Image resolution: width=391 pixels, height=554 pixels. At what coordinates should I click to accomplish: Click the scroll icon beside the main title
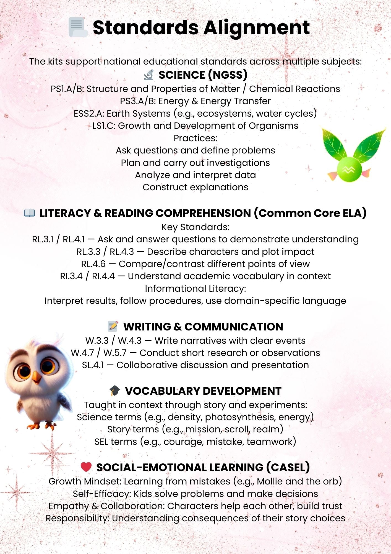pos(77,27)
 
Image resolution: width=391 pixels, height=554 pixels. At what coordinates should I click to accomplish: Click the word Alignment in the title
pos(256,28)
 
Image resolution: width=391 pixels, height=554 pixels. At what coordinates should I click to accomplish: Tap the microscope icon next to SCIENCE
pos(149,75)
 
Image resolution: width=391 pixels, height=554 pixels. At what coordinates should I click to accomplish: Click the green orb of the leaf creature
pos(349,169)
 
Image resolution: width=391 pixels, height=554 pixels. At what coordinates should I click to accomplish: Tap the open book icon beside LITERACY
pos(30,213)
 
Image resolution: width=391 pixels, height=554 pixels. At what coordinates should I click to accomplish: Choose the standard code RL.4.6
pos(93,264)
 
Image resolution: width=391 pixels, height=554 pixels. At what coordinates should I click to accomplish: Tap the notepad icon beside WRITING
pos(113,326)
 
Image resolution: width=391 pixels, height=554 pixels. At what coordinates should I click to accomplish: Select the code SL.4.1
pos(93,365)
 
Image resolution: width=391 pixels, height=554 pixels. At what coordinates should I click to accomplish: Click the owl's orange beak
pos(36,377)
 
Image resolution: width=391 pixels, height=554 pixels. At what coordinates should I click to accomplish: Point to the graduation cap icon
pos(115,391)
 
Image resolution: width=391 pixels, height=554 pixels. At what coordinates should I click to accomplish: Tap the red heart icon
pos(86,467)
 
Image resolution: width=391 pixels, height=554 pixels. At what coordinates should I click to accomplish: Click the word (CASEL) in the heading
pos(288,467)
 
